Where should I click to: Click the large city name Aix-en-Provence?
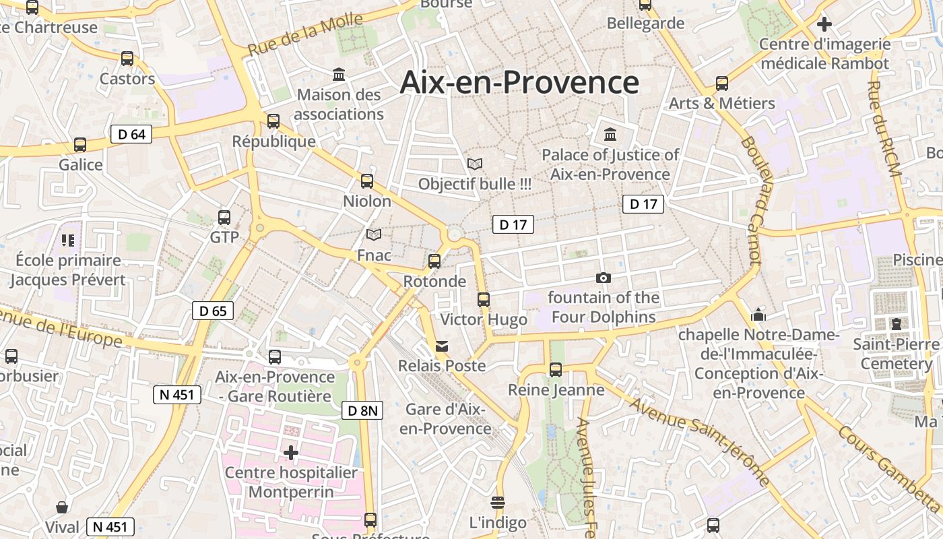coord(519,82)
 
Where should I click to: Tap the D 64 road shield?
coord(131,134)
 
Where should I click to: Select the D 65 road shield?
coord(213,311)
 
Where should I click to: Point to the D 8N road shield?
coord(362,410)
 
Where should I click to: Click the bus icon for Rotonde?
coord(434,261)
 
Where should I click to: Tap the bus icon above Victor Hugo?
coord(484,300)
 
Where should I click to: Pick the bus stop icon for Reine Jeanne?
coord(555,369)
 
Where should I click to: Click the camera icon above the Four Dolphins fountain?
coord(604,278)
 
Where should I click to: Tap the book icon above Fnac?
coord(374,234)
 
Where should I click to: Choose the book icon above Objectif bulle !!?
coord(475,164)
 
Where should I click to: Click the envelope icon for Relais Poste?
coord(442,346)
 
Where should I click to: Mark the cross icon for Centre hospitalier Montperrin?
coord(291,453)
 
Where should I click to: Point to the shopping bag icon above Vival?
coord(62,507)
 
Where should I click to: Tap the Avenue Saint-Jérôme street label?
coord(701,441)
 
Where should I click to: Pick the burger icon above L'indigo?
coord(498,502)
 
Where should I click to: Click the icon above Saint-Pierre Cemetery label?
coord(897,324)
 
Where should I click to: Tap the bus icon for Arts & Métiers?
coord(722,84)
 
